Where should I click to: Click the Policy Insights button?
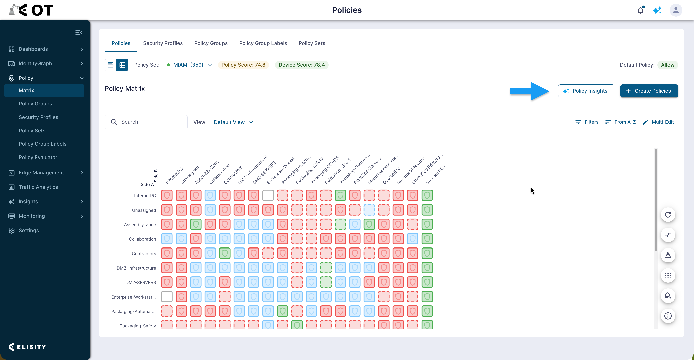pos(586,91)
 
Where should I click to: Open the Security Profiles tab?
pos(163,43)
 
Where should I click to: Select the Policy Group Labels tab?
pos(263,43)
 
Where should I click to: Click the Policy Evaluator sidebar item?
pos(38,157)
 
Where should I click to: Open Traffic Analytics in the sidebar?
pos(38,187)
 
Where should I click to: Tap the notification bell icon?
pos(640,10)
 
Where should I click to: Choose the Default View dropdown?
pos(233,122)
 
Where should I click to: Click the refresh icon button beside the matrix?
pos(668,215)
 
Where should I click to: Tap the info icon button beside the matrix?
pos(668,316)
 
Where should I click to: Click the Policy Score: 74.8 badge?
pos(243,65)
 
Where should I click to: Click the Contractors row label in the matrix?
pos(144,253)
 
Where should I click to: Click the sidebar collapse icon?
pos(78,32)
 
